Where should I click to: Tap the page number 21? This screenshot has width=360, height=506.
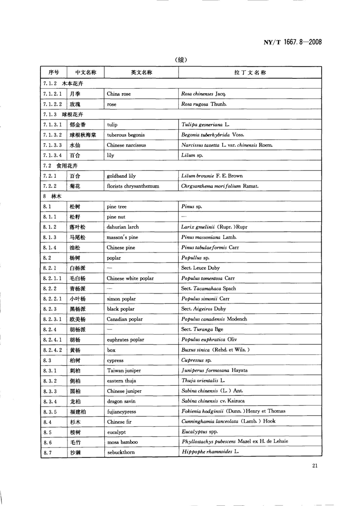click(x=315, y=465)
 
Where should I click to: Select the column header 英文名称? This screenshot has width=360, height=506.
click(x=141, y=72)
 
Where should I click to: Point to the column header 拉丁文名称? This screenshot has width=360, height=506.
click(x=250, y=72)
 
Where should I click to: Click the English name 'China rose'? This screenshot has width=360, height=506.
click(x=119, y=94)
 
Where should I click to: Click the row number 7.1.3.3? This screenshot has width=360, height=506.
click(x=53, y=145)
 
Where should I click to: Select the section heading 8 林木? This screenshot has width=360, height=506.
click(x=53, y=196)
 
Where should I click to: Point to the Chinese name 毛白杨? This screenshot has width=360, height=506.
click(x=77, y=278)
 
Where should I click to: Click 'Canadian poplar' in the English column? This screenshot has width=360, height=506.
click(x=125, y=319)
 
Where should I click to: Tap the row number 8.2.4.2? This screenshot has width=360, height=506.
click(x=53, y=350)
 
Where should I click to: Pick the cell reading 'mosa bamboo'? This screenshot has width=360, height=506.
click(x=122, y=442)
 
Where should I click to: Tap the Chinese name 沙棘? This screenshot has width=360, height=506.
click(x=75, y=452)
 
